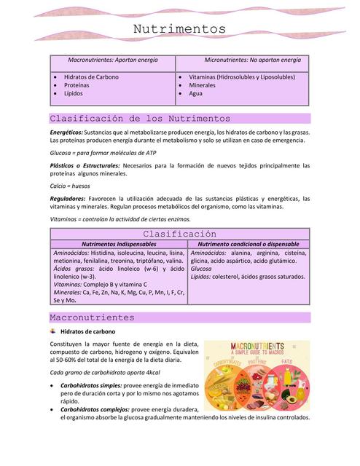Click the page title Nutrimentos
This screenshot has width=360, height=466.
click(179, 29)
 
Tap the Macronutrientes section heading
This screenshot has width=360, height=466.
click(91, 317)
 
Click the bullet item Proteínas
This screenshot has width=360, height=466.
click(77, 85)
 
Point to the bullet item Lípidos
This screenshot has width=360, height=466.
click(73, 94)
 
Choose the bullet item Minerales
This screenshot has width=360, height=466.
click(202, 85)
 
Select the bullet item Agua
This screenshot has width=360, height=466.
click(196, 94)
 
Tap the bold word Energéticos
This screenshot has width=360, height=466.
click(66, 132)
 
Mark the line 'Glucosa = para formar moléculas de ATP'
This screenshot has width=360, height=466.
click(102, 153)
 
